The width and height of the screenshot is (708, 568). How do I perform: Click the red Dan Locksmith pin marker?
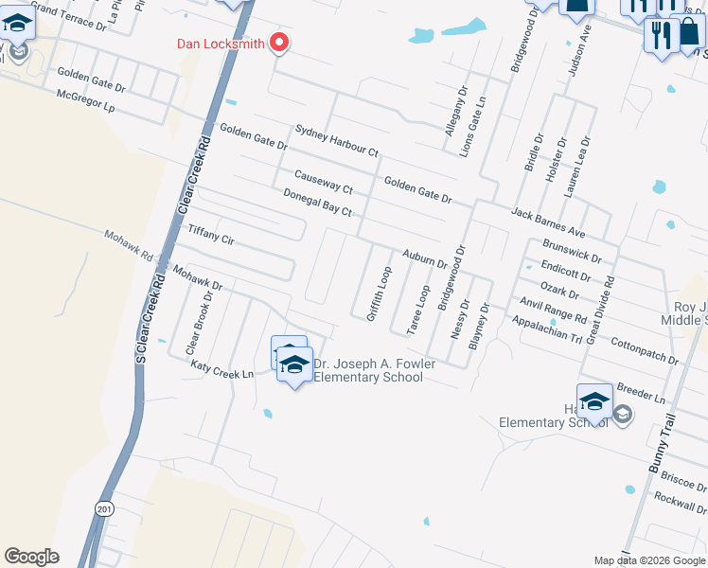(x=279, y=43)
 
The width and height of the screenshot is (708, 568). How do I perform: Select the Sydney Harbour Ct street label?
(x=336, y=140)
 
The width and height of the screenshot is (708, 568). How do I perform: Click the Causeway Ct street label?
(x=323, y=183)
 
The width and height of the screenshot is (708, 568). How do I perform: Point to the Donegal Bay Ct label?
(x=317, y=203)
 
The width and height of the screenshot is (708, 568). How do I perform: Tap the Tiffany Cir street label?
(x=211, y=234)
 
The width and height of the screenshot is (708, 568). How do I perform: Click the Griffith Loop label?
(x=379, y=293)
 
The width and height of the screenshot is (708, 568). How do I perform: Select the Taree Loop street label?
(x=418, y=310)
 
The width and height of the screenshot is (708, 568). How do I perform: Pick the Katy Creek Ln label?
(x=221, y=369)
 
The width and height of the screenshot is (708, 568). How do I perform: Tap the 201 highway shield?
(x=104, y=507)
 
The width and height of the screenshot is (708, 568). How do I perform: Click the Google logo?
(x=31, y=557)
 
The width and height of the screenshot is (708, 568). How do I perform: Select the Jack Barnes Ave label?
(x=549, y=222)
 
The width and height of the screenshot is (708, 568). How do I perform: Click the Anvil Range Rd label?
(x=554, y=310)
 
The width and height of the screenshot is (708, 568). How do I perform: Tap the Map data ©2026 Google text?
(x=650, y=560)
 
